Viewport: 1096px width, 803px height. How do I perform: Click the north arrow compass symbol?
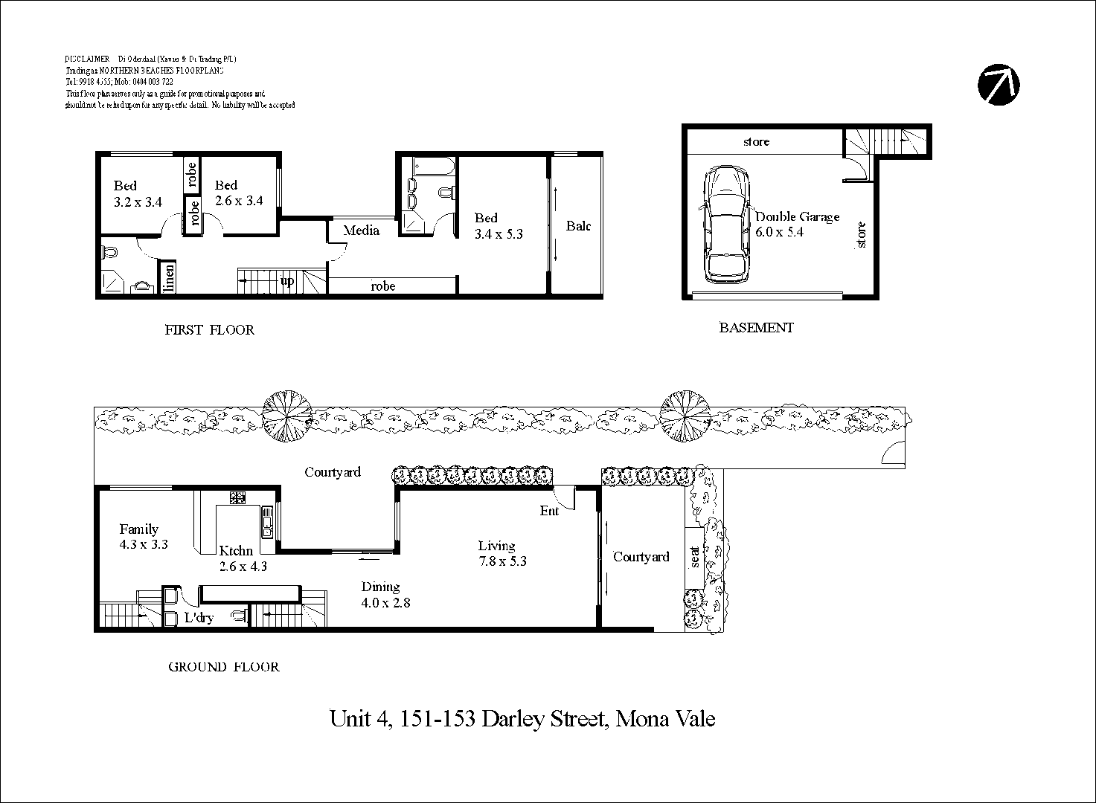click(999, 84)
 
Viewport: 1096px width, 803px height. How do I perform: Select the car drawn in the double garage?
click(726, 225)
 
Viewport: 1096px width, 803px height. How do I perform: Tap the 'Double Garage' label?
click(797, 216)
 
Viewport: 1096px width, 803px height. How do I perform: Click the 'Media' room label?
click(361, 230)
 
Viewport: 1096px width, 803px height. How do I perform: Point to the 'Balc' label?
click(578, 226)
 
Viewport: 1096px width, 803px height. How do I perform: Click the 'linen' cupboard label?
click(170, 278)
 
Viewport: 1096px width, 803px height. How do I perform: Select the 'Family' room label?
click(139, 529)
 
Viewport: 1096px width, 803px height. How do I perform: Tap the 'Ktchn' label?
click(236, 551)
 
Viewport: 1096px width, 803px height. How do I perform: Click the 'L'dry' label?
click(199, 618)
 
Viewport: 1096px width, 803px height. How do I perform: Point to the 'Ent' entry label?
click(549, 511)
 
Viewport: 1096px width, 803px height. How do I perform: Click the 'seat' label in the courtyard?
click(696, 555)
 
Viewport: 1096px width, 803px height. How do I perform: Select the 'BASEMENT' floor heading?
click(756, 327)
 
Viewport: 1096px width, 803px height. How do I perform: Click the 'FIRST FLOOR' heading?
click(209, 330)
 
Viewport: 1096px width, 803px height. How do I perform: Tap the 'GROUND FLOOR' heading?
click(223, 667)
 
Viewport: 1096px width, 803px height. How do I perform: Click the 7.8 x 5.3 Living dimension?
click(502, 561)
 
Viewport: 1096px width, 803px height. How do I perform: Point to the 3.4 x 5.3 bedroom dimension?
click(499, 234)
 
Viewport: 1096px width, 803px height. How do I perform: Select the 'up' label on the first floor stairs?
click(287, 281)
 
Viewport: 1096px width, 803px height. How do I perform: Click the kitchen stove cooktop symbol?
click(238, 497)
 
